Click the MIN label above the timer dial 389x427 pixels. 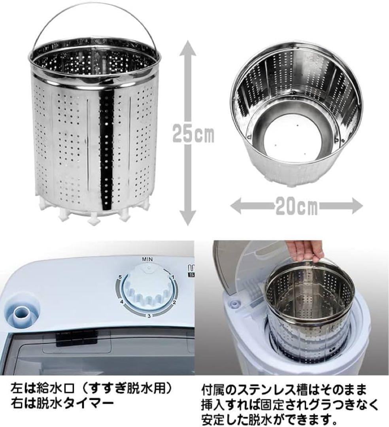tap(148, 258)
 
